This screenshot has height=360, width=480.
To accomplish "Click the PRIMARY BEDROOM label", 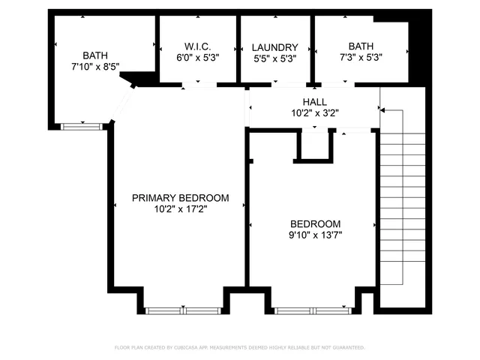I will tap(180, 198).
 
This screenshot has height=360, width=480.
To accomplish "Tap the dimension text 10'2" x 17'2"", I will tap(180, 209).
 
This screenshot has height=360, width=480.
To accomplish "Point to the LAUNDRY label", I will tap(274, 46).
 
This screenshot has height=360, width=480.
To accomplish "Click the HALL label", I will tap(314, 102).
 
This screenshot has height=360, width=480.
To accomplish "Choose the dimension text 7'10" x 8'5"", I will tap(94, 67).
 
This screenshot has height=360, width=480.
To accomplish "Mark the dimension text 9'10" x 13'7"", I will tap(315, 235).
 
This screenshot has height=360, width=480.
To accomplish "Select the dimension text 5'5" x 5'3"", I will tap(274, 58).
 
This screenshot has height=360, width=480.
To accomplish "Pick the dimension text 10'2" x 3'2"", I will tap(314, 113).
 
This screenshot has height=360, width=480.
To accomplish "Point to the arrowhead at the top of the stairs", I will tap(382, 110).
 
